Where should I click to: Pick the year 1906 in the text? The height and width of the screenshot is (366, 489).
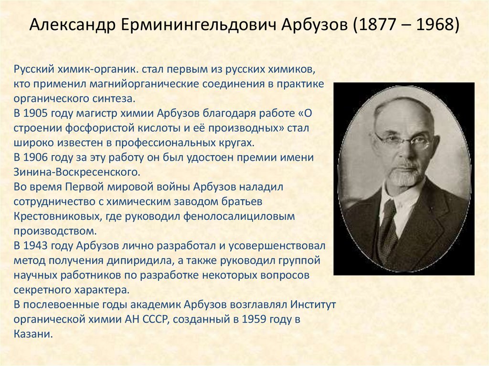click(37, 157)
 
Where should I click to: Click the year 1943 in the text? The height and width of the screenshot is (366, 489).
click(37, 246)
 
